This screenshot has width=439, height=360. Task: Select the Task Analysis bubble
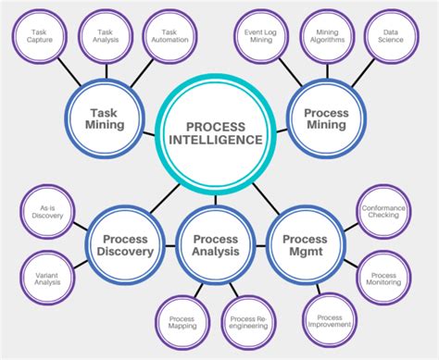point(103,36)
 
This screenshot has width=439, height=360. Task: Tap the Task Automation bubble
point(169,36)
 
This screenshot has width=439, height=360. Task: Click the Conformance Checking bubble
point(383,214)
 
